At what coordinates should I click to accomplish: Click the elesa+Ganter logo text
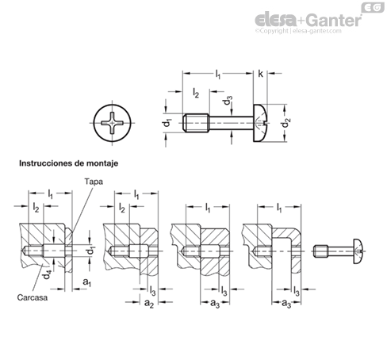click(308, 20)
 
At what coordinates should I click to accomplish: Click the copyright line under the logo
click(298, 31)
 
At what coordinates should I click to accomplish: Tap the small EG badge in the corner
click(373, 7)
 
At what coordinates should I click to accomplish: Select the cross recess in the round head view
click(112, 123)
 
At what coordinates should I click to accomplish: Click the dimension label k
click(260, 74)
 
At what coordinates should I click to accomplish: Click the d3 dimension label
click(228, 100)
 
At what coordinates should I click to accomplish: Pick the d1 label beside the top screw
click(167, 122)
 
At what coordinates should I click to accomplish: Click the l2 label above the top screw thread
click(196, 93)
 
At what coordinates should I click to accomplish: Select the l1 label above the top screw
click(217, 75)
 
